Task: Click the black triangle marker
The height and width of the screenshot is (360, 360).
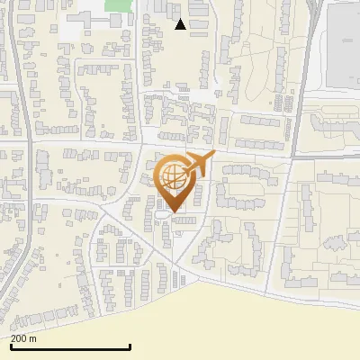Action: pyautogui.click(x=180, y=24)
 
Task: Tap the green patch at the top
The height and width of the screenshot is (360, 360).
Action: pyautogui.click(x=116, y=4)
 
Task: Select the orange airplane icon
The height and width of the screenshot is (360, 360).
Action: pyautogui.click(x=199, y=165)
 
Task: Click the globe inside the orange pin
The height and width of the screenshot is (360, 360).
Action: pyautogui.click(x=172, y=180)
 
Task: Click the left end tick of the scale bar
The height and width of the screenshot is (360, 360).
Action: pyautogui.click(x=11, y=346)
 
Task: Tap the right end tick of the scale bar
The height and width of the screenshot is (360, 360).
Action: pyautogui.click(x=130, y=346)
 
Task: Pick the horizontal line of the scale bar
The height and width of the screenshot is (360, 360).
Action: pyautogui.click(x=70, y=347)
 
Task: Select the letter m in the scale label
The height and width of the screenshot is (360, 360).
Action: pyautogui.click(x=33, y=339)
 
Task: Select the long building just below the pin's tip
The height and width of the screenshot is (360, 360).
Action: pyautogui.click(x=184, y=220)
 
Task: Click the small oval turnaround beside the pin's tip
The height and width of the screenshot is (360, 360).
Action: pyautogui.click(x=162, y=216)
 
